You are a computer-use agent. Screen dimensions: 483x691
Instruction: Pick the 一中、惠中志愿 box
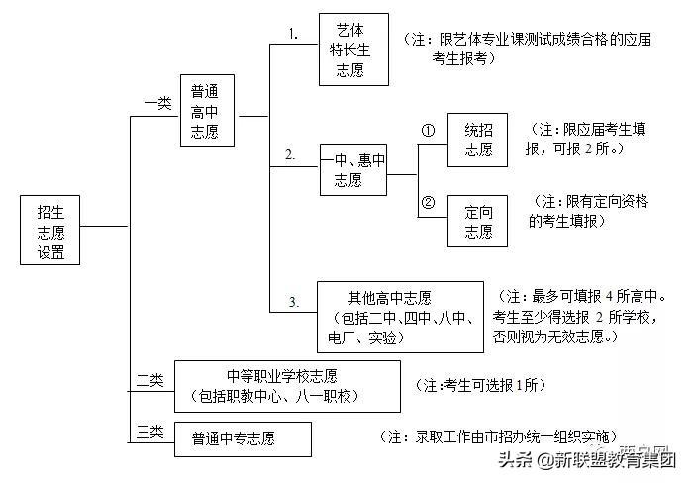click(351, 169)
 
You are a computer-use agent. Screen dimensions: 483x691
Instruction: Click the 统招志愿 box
click(478, 139)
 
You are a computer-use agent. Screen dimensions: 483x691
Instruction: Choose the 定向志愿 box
click(478, 221)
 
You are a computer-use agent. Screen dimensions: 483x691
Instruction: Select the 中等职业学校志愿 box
click(287, 386)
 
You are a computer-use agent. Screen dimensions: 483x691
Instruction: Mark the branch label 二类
click(150, 378)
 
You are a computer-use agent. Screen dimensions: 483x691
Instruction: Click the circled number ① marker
click(429, 130)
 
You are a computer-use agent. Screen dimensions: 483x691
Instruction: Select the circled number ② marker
click(429, 203)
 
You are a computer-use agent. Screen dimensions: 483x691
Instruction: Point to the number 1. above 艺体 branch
click(293, 33)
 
